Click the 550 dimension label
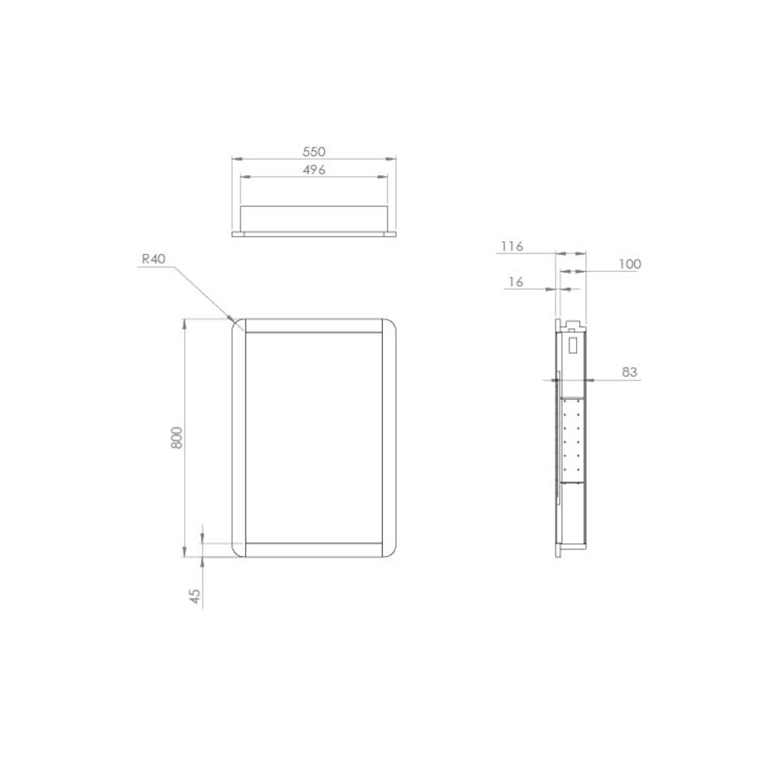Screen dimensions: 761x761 [314, 152]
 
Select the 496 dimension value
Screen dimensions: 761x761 [314, 170]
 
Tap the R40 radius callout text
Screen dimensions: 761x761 [154, 260]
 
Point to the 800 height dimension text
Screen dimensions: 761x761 [177, 438]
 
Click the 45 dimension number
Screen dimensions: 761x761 [195, 596]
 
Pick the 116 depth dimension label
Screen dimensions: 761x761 [512, 247]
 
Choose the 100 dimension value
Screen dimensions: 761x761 [630, 264]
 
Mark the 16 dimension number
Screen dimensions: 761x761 [516, 282]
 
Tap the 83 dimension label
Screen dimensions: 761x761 [629, 372]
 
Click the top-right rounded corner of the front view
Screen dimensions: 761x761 [391, 323]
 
